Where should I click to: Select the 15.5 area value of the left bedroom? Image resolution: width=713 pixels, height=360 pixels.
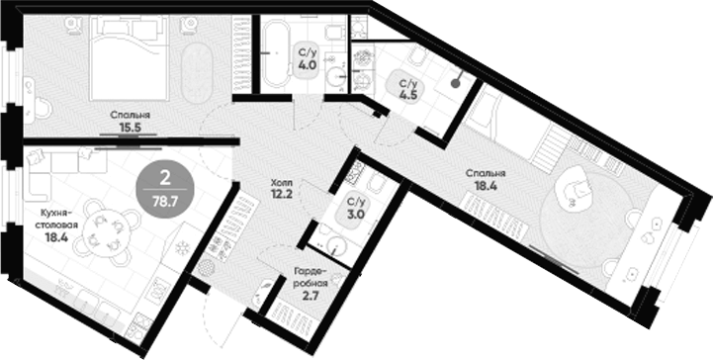tap(130, 127)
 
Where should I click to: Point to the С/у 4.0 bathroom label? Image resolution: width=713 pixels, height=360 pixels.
tap(308, 58)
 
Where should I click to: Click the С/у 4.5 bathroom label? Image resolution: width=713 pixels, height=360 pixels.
tap(407, 90)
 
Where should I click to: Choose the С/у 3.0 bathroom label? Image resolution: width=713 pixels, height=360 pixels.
tap(356, 208)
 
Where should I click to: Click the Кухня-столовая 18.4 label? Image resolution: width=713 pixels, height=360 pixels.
tap(56, 225)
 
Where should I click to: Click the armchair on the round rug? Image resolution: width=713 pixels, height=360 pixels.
tap(575, 188)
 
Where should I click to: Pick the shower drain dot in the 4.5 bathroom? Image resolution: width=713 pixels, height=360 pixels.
tap(455, 83)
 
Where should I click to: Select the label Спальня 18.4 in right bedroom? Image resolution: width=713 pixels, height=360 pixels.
tap(486, 179)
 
